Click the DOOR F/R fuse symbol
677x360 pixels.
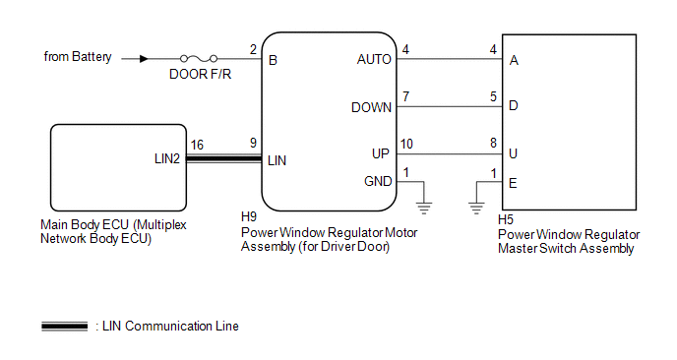(x=199, y=58)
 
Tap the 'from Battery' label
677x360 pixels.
(x=78, y=56)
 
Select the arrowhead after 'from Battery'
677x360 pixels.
(x=144, y=59)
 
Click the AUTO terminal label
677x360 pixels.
(x=374, y=59)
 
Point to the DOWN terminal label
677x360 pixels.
(x=371, y=107)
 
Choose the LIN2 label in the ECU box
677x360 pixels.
(x=167, y=158)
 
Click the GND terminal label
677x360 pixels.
(x=378, y=181)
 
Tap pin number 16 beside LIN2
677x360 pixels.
(x=197, y=145)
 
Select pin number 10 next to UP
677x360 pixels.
(x=406, y=144)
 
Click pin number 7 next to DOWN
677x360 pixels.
(x=405, y=96)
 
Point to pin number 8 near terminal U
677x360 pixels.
(x=494, y=143)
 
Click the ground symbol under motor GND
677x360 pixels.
(x=424, y=209)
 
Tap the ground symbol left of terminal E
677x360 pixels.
(x=476, y=209)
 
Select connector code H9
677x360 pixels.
(x=249, y=216)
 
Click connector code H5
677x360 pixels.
(x=506, y=219)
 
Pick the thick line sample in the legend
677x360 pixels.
(x=64, y=327)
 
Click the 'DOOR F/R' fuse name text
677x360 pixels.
(x=201, y=74)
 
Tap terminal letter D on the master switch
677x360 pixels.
(x=514, y=105)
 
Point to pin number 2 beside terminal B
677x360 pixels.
(x=253, y=49)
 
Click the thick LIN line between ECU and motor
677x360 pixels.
(x=224, y=158)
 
